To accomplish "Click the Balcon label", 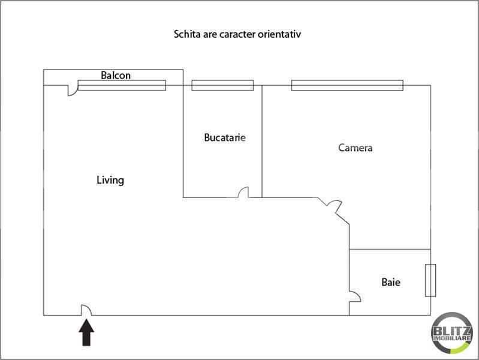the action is click(116, 75).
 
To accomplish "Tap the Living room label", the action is click(110, 180).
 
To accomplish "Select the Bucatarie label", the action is click(225, 137).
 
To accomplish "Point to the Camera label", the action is click(356, 148).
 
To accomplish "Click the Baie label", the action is click(391, 282).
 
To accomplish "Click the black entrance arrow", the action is click(86, 332).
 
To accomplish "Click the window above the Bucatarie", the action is click(222, 85).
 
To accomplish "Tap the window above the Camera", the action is click(347, 85).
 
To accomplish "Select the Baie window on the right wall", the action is click(430, 280).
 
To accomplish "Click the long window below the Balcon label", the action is click(122, 85).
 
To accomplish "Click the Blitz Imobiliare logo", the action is click(452, 333).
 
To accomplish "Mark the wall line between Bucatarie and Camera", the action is click(262, 142).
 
